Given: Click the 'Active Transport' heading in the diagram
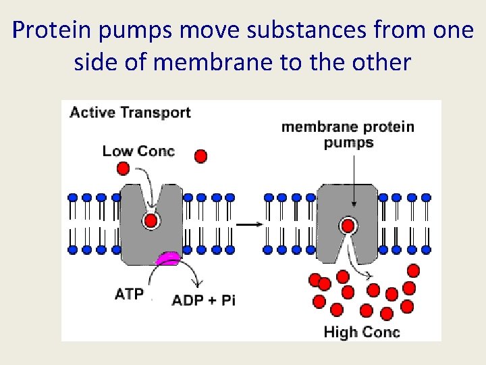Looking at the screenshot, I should [130, 113].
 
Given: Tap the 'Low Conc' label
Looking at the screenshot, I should [138, 151].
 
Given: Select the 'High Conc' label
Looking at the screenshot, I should [362, 332].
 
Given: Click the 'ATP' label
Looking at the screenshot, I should [129, 294].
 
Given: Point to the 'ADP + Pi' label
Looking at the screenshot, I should [204, 300].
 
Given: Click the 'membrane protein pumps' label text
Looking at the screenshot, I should [348, 134].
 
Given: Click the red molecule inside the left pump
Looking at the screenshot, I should [151, 220].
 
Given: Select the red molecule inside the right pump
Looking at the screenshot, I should [348, 225].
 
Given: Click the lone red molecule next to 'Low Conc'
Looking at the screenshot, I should [200, 157].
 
